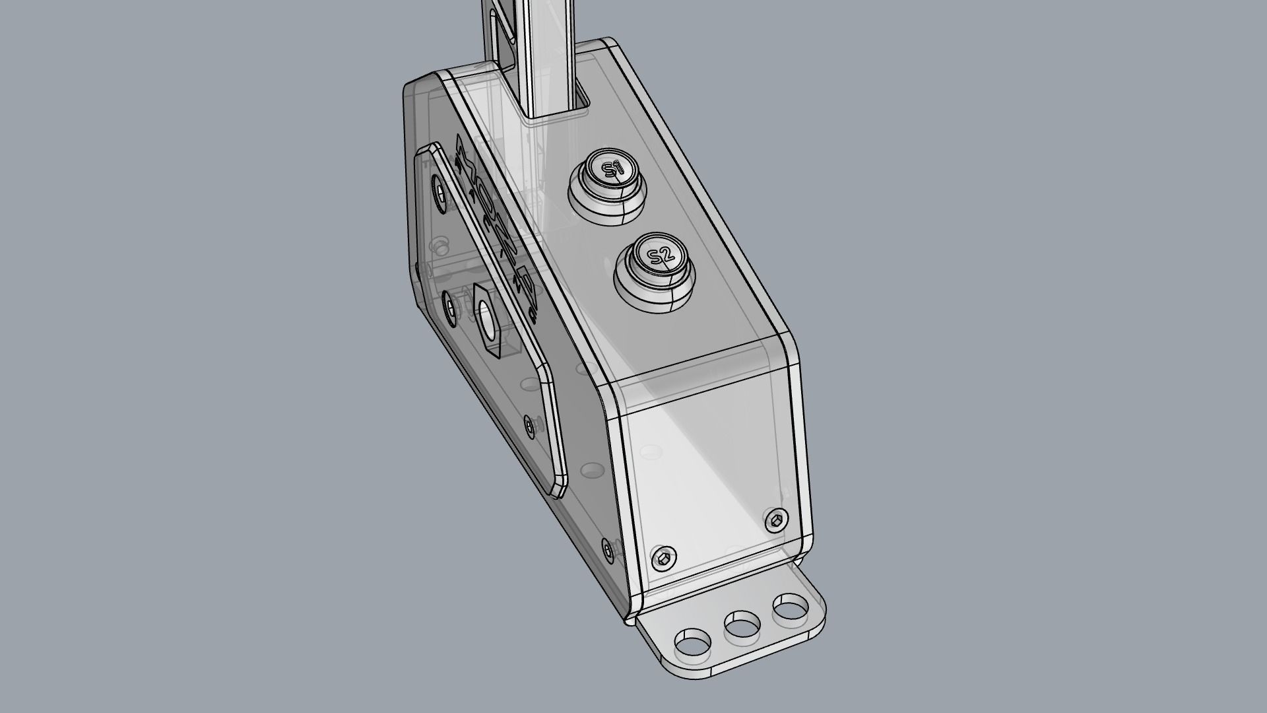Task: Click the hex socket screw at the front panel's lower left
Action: pos(664,559)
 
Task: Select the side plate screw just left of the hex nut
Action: pos(452,308)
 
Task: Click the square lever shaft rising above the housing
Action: pos(541,40)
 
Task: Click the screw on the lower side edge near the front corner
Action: pos(608,548)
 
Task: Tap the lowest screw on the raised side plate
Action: pos(529,424)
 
